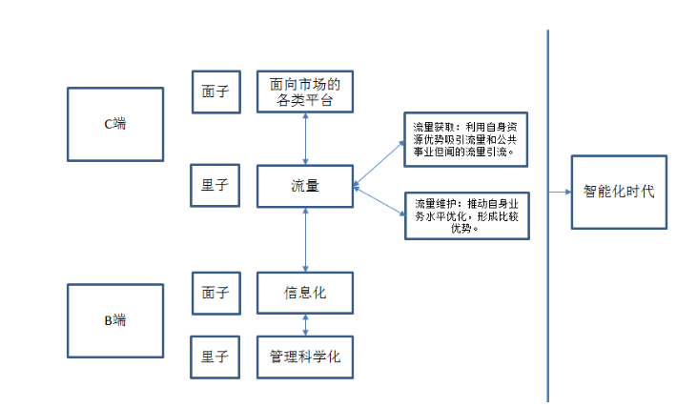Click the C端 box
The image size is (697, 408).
[x=115, y=124]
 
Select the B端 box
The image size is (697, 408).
[x=115, y=320]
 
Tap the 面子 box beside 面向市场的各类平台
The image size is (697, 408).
[x=215, y=92]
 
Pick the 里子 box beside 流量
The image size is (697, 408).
[x=215, y=186]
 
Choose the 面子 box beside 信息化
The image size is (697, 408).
[x=215, y=293]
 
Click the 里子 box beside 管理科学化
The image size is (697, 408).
[x=215, y=357]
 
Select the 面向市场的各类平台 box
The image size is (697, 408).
[x=305, y=92]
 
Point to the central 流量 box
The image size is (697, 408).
[x=305, y=186]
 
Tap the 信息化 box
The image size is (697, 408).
[x=305, y=293]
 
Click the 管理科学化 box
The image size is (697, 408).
[x=305, y=357]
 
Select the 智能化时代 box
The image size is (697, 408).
[x=619, y=192]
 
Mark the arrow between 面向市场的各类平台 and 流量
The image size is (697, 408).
[x=305, y=139]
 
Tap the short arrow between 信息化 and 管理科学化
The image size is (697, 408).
[x=305, y=325]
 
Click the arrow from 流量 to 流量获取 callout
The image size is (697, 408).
[x=379, y=162]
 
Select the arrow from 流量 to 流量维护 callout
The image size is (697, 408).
[x=379, y=200]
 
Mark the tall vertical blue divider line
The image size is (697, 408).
[x=548, y=286]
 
